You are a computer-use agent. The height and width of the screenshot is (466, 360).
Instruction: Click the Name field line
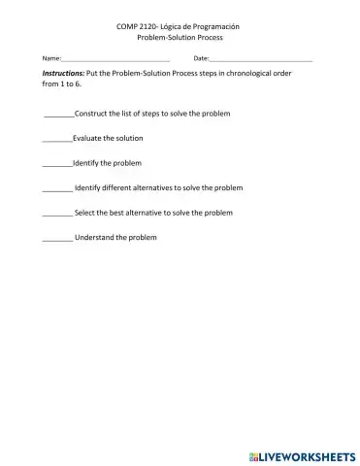(x=115, y=60)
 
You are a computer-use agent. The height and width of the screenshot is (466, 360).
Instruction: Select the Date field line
(x=260, y=60)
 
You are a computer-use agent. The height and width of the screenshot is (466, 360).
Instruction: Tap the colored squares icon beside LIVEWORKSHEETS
(x=252, y=453)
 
